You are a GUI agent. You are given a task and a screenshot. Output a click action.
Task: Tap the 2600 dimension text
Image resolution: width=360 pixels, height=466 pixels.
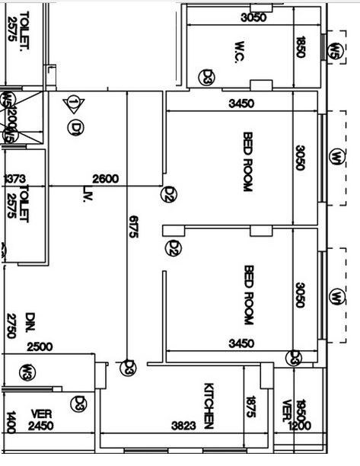pyautogui.click(x=105, y=179)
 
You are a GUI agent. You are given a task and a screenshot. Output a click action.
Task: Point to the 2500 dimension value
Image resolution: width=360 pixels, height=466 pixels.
pyautogui.click(x=40, y=347)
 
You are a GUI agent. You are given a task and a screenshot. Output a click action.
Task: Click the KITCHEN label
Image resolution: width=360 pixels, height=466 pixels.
pyautogui.click(x=209, y=404)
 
